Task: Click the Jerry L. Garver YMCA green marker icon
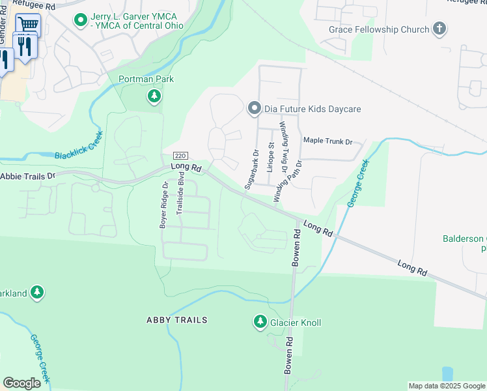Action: point(81,20)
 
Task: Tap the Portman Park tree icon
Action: point(154,97)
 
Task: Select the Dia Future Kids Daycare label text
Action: point(313,109)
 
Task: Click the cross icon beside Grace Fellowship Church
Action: point(440,29)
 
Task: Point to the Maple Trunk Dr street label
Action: point(327,141)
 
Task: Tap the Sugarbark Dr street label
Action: point(251,170)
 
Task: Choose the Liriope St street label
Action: point(270,158)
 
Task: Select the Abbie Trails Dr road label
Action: point(29,176)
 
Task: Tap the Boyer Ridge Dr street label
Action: point(164,205)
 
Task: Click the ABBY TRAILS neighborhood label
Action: point(177,320)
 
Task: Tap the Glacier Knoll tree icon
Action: point(260,322)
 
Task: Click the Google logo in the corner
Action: point(21,383)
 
